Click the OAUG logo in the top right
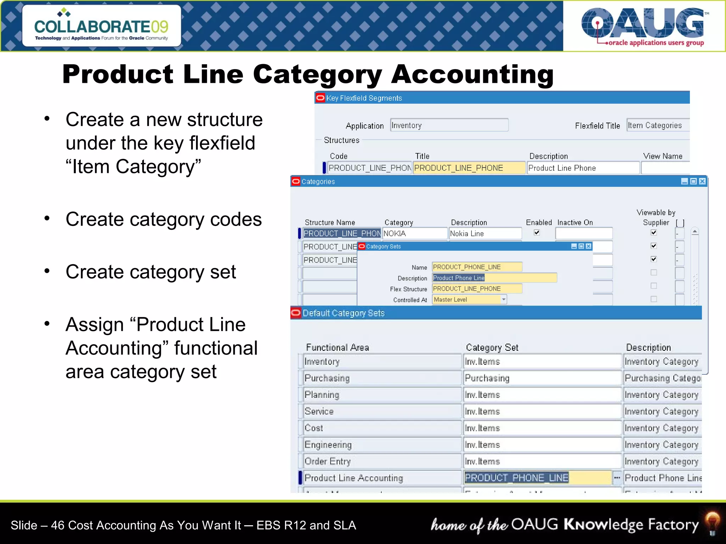(643, 27)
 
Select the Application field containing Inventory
(449, 125)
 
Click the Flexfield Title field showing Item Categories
(658, 125)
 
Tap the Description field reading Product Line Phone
(583, 168)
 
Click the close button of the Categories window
(702, 182)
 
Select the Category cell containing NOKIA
(414, 233)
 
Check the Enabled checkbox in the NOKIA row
(537, 233)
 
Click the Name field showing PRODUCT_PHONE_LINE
(476, 267)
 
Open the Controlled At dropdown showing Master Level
(503, 300)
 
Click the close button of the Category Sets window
(589, 246)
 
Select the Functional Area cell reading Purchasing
(381, 378)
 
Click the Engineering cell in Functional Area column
(381, 445)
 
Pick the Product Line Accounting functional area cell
(381, 478)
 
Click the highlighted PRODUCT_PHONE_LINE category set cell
(537, 478)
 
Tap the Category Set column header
(492, 347)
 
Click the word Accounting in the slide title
(472, 74)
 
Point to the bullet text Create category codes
(163, 219)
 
